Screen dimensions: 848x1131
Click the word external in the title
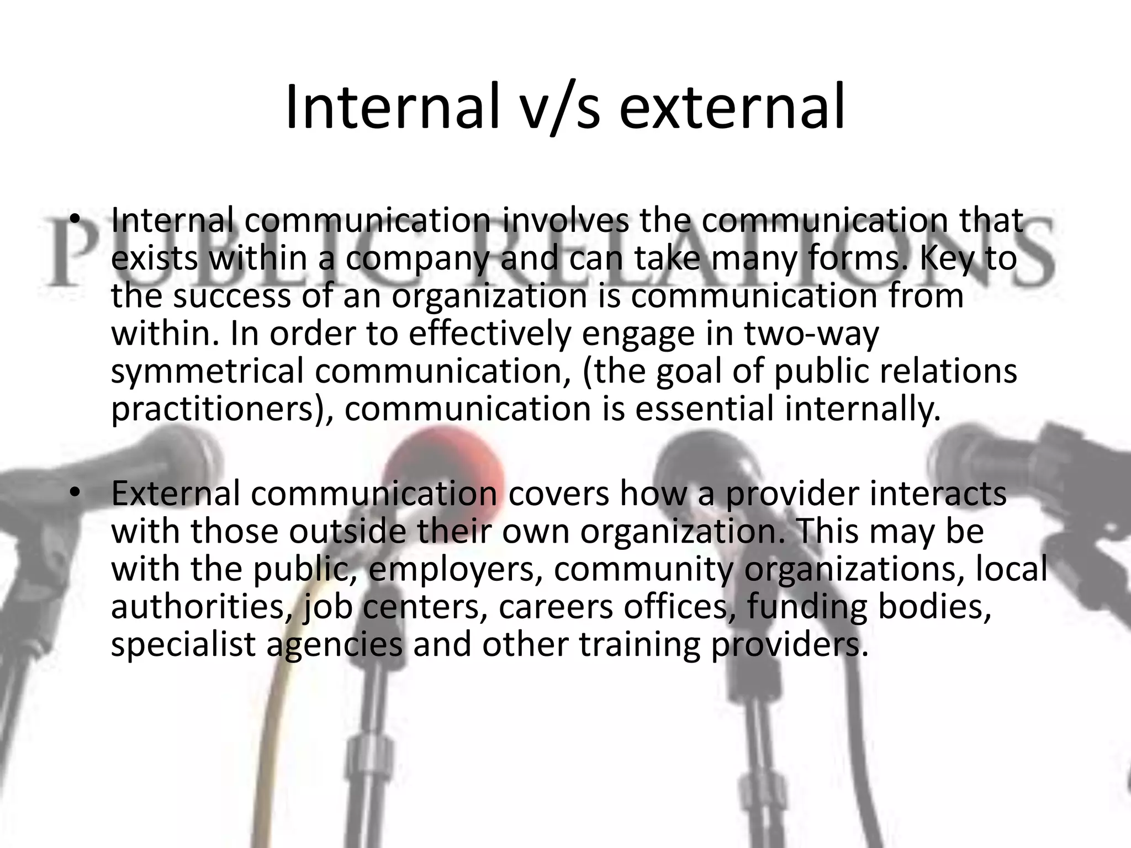coord(732,108)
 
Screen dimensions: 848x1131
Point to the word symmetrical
coord(207,371)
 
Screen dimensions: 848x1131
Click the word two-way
coord(811,333)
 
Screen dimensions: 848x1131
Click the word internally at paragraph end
coord(862,409)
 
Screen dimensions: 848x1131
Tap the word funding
coord(807,607)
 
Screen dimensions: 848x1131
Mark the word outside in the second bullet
coord(348,531)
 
